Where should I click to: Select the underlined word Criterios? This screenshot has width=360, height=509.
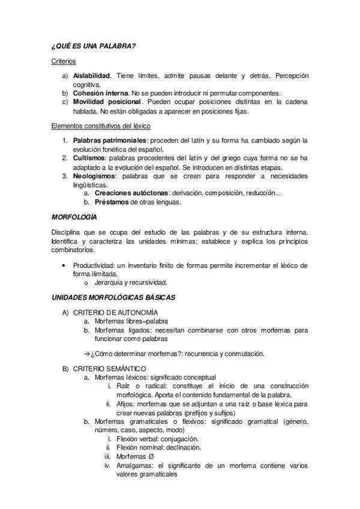(63, 61)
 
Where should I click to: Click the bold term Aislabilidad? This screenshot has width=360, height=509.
(92, 77)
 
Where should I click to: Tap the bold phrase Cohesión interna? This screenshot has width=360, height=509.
(101, 94)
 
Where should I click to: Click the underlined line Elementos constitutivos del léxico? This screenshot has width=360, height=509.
(100, 126)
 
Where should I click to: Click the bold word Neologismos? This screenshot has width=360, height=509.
(95, 176)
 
